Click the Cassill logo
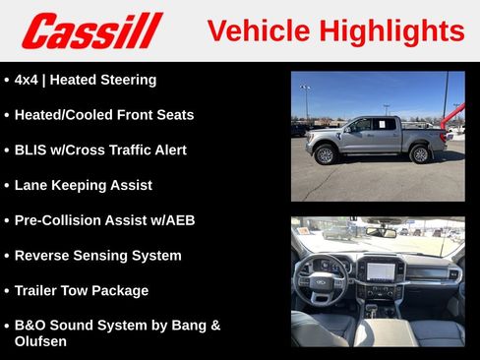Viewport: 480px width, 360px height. [92, 30]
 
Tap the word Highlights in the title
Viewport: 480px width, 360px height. [391, 30]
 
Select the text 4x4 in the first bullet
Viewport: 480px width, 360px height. [28, 80]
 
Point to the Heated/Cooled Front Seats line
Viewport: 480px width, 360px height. [104, 115]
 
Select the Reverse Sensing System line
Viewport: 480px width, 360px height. [97, 256]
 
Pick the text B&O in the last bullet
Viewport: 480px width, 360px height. [31, 325]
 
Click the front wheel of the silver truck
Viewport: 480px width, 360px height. [325, 154]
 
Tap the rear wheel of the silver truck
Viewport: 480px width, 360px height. [420, 154]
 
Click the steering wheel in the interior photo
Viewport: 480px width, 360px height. [324, 279]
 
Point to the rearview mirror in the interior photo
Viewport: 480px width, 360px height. [382, 232]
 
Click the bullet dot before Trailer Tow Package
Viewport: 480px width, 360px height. [7, 291]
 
